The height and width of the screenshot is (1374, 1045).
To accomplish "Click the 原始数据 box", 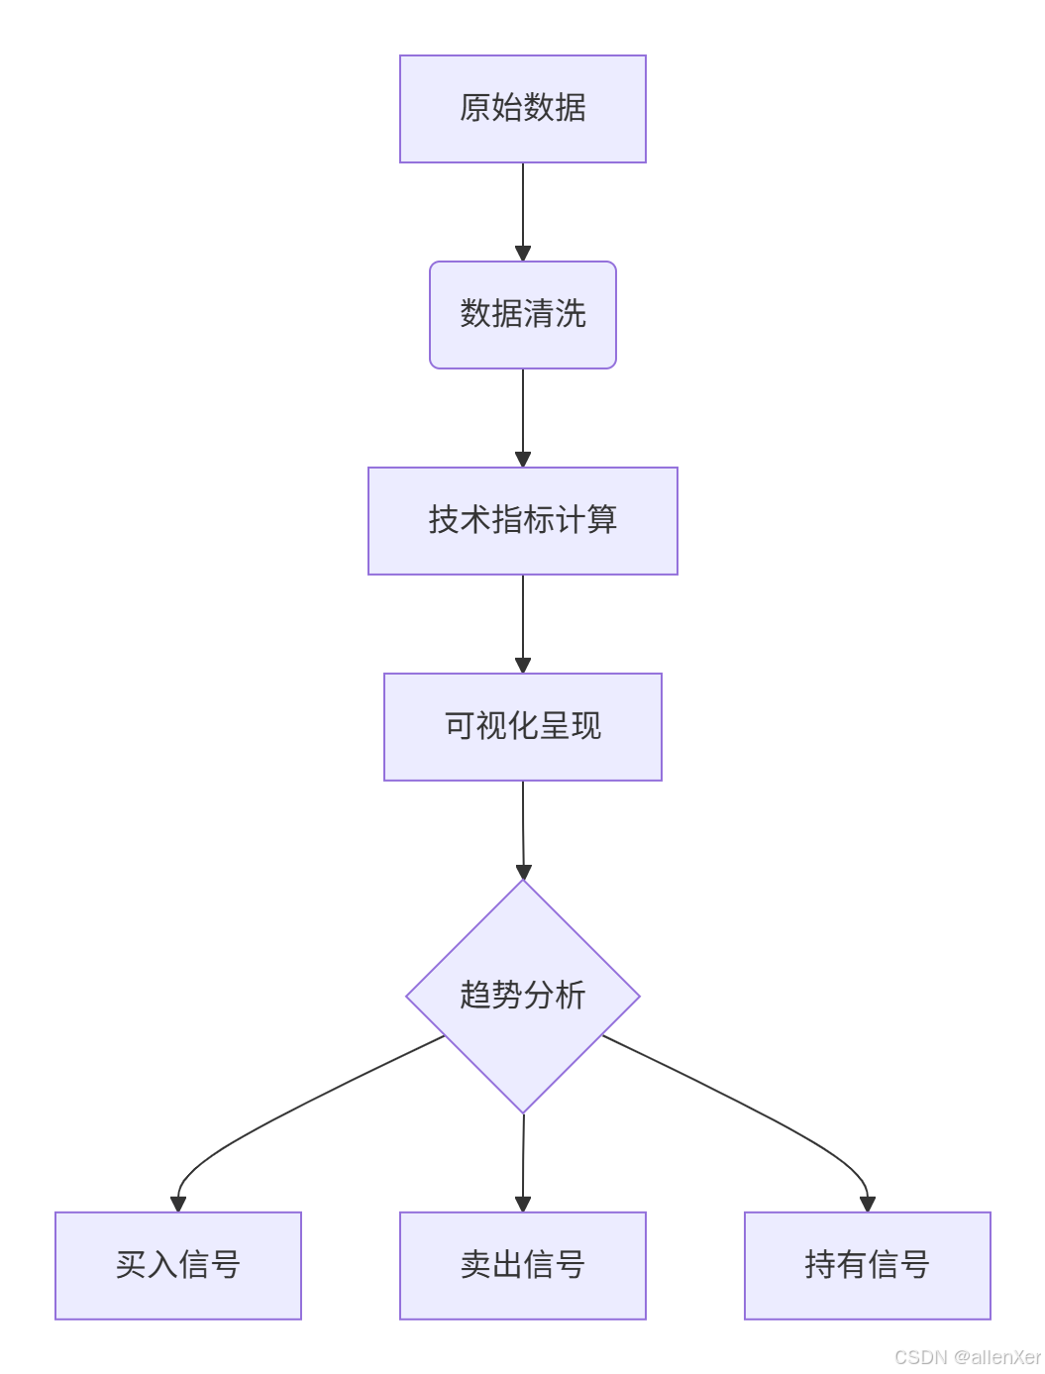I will click(522, 109).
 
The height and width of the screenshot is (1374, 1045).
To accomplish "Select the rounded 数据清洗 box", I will click(522, 315).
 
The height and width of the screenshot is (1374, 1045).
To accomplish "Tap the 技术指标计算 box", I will click(522, 521).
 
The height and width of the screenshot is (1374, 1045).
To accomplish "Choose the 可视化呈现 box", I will click(522, 727).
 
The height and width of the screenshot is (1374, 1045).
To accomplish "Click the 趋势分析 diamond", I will click(522, 996).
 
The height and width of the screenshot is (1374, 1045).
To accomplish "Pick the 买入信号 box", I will click(178, 1265).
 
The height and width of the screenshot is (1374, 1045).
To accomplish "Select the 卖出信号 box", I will click(522, 1265).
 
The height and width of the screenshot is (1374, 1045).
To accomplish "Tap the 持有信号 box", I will click(867, 1265).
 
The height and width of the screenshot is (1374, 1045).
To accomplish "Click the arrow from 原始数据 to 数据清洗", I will click(522, 208).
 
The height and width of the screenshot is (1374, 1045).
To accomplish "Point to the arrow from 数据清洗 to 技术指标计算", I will click(522, 414).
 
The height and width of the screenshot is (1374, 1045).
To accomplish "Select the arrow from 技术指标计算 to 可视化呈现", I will click(522, 620).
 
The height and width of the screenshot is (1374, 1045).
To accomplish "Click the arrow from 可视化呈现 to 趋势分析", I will click(522, 826).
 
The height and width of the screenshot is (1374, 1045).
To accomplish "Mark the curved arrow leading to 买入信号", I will click(297, 1105).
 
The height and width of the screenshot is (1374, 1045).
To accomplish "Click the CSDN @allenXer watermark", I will click(967, 1357).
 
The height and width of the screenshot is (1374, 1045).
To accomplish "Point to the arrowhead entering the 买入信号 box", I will click(178, 1204).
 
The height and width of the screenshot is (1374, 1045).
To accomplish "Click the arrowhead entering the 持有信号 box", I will click(868, 1204).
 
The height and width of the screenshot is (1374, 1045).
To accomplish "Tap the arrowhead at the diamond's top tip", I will click(523, 872).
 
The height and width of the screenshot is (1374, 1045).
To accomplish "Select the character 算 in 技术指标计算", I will click(602, 520).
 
